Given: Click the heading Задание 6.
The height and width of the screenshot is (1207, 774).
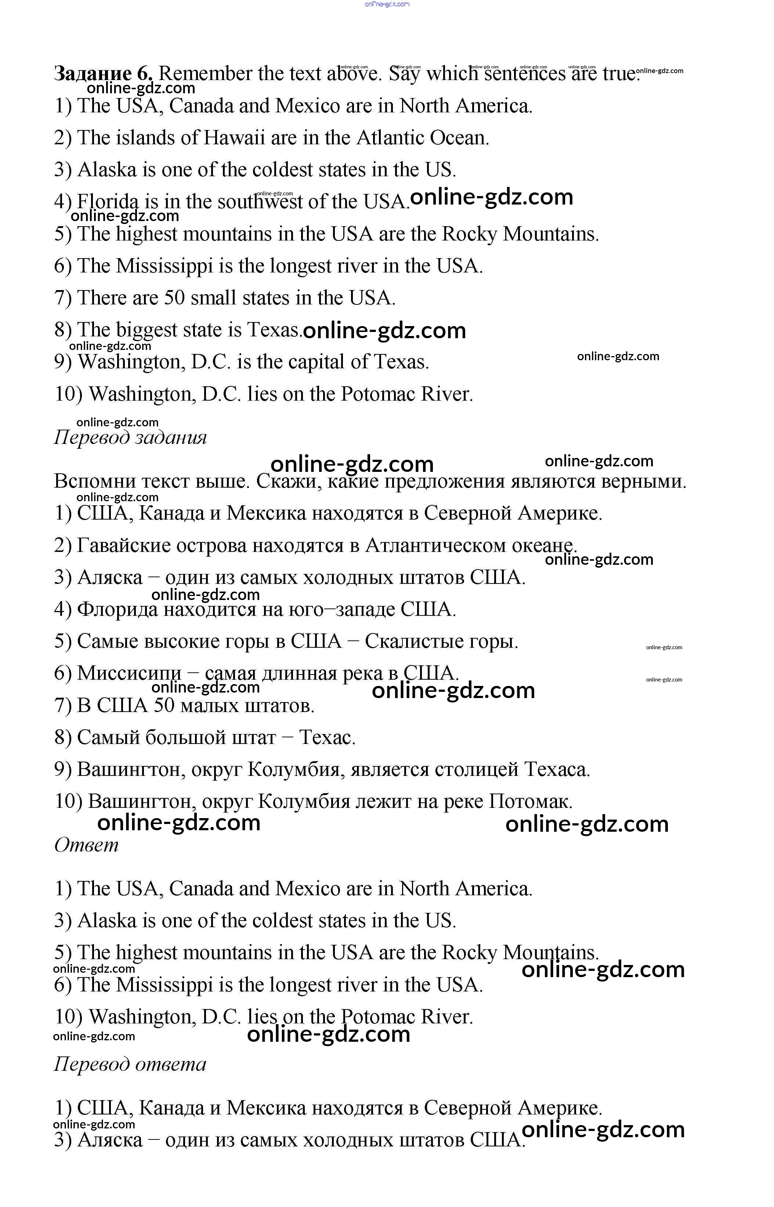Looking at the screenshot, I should tap(103, 74).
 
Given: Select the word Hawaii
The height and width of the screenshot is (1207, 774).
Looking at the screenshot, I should tap(234, 138).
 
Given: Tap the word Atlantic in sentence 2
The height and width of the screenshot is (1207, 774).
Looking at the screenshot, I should tap(390, 138).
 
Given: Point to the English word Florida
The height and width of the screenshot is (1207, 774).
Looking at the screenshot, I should tap(108, 202).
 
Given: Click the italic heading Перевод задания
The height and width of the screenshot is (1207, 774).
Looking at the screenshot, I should tap(130, 437).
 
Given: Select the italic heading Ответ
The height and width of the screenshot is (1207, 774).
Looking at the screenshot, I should tap(86, 845).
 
